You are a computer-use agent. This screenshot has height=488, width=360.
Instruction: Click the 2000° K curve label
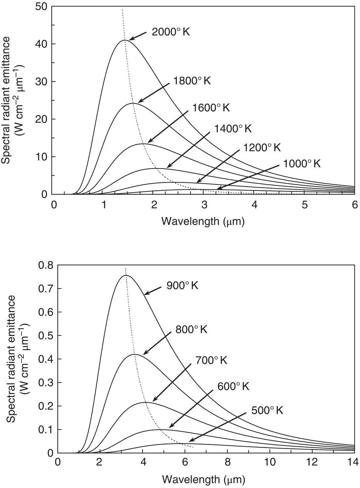[171, 32]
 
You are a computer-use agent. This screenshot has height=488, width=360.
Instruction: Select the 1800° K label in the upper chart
[192, 81]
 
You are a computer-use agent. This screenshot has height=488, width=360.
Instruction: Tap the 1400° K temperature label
[233, 128]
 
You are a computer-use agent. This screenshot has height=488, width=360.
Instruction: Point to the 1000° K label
[302, 163]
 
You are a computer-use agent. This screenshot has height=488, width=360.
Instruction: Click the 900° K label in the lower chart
[182, 286]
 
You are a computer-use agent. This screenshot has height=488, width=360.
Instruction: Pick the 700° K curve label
[211, 360]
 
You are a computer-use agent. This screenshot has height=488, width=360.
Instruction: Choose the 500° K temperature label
[267, 411]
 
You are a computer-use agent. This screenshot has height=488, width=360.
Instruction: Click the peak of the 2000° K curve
[125, 40]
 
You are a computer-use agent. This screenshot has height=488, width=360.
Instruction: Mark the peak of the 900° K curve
[126, 275]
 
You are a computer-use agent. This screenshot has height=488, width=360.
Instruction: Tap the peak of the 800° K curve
[135, 354]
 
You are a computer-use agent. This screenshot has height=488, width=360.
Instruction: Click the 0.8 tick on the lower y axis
[45, 265]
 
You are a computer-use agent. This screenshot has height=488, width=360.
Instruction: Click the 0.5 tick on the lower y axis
[45, 336]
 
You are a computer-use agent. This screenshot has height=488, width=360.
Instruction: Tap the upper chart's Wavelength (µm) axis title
[203, 221]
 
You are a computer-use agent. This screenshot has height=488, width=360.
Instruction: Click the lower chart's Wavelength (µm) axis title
[203, 479]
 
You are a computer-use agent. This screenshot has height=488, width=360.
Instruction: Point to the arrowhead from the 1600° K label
[148, 143]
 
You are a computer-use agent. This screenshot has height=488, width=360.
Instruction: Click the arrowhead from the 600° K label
[169, 428]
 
